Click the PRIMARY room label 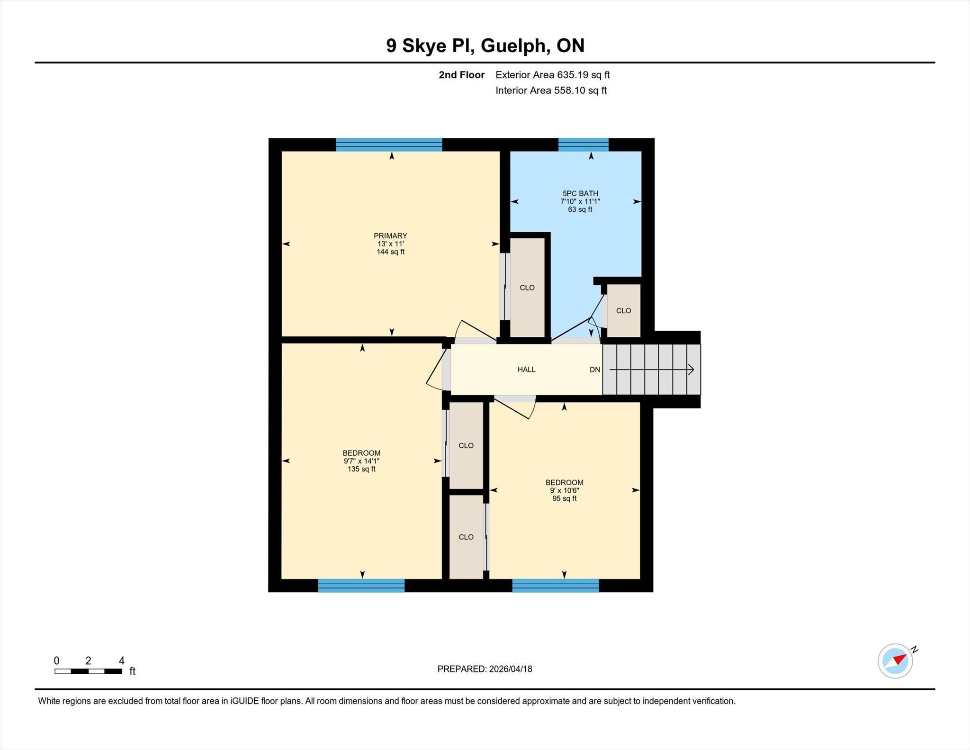(390, 236)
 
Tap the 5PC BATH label (580, 193)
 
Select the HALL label (526, 370)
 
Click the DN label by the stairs (595, 370)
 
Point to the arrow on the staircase (652, 370)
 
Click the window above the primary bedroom (389, 145)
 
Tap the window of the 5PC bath (584, 145)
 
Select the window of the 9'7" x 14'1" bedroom (361, 586)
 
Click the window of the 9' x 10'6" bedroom (556, 586)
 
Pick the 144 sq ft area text (390, 252)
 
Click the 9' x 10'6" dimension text (564, 491)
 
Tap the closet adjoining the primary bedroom (527, 287)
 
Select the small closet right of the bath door (623, 310)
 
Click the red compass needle (899, 659)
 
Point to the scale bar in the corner (88, 671)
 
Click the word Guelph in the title (515, 46)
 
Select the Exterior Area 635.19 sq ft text (553, 75)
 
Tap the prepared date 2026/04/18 (511, 669)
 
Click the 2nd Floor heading (462, 75)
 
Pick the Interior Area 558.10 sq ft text (551, 90)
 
